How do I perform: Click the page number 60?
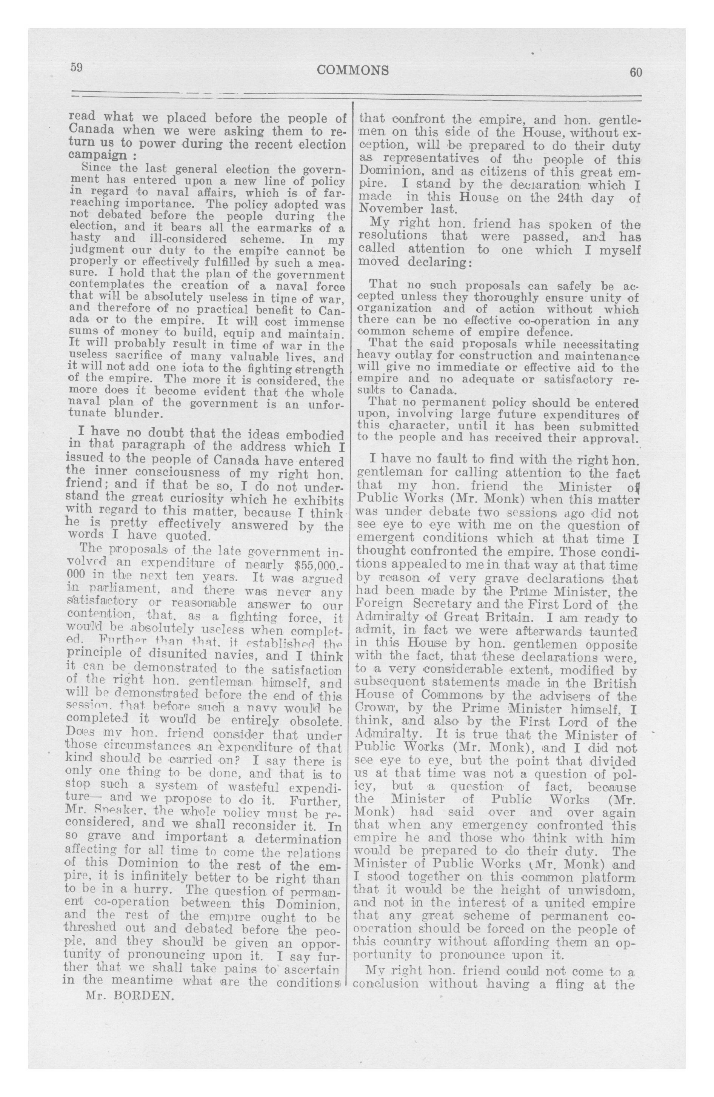635,72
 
